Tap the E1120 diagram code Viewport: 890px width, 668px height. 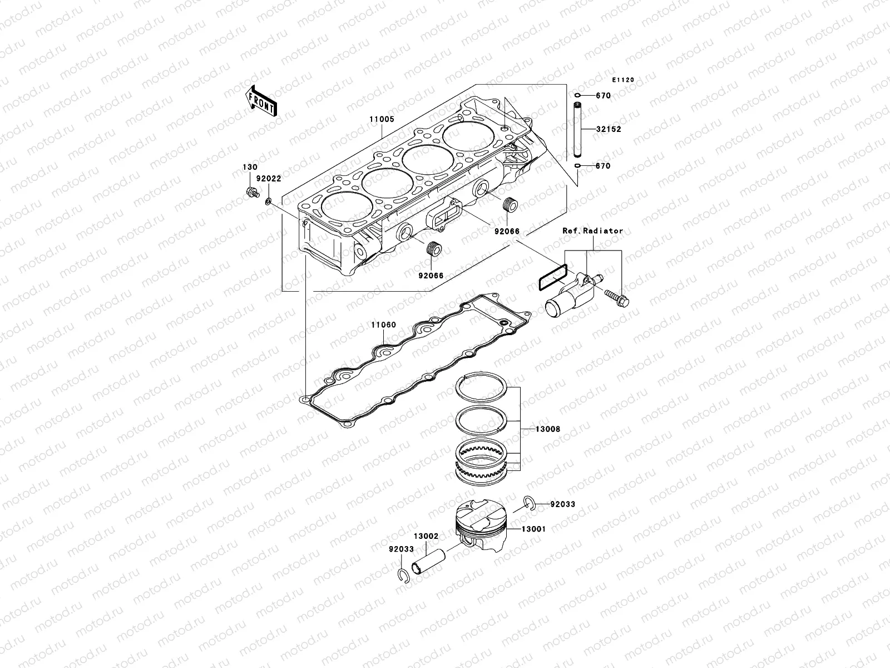623,80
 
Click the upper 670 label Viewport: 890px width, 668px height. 603,96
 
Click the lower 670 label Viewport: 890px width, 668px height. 602,166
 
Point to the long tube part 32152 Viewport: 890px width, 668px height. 577,129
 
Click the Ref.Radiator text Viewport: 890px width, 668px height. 592,230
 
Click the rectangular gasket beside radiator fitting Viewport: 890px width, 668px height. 553,277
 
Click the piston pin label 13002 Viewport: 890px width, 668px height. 427,537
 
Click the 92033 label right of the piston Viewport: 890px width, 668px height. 562,504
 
